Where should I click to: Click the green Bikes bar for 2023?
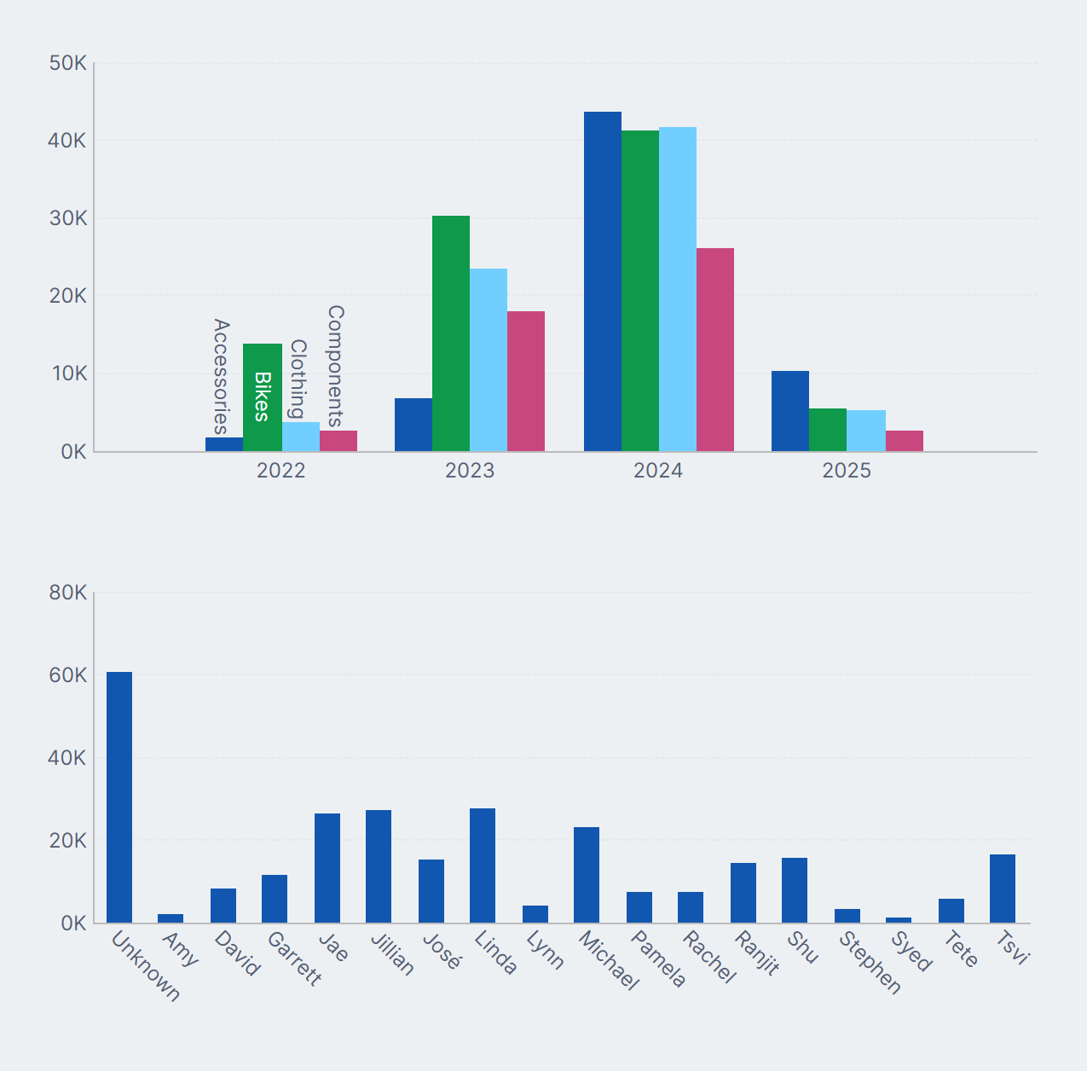point(451,333)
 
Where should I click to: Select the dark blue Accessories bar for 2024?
point(603,281)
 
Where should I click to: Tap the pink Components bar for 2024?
point(715,350)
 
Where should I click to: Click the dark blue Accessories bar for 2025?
point(790,411)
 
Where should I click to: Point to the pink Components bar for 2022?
point(338,441)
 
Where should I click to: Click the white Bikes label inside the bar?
point(263,397)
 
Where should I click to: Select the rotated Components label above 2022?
point(336,366)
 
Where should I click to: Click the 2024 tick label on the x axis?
point(658,471)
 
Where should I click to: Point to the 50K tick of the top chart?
point(68,64)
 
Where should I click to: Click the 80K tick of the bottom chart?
point(68,593)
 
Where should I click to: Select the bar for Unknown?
point(119,797)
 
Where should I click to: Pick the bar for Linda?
point(483,865)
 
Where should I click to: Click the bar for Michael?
point(587,875)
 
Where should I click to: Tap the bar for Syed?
point(899,920)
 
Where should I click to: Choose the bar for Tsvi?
point(1003,889)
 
